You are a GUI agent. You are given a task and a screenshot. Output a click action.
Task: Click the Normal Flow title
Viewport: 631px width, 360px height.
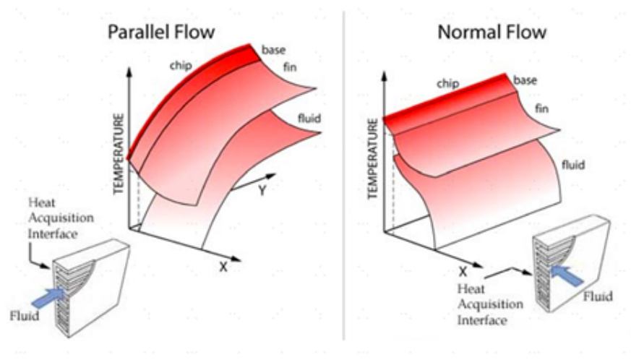[492, 32]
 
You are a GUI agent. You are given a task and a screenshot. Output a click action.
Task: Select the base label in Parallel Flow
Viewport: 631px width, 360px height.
[274, 50]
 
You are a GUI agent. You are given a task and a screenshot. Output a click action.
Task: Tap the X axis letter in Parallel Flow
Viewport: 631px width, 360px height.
[223, 266]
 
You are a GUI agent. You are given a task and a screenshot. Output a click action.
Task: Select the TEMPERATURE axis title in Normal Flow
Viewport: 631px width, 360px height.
[373, 159]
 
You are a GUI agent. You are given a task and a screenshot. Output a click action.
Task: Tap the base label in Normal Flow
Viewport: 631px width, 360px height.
[525, 80]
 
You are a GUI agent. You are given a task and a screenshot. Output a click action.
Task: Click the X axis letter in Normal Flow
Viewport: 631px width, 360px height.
[463, 272]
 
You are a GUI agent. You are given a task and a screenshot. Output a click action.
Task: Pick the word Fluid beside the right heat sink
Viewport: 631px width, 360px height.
[597, 296]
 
